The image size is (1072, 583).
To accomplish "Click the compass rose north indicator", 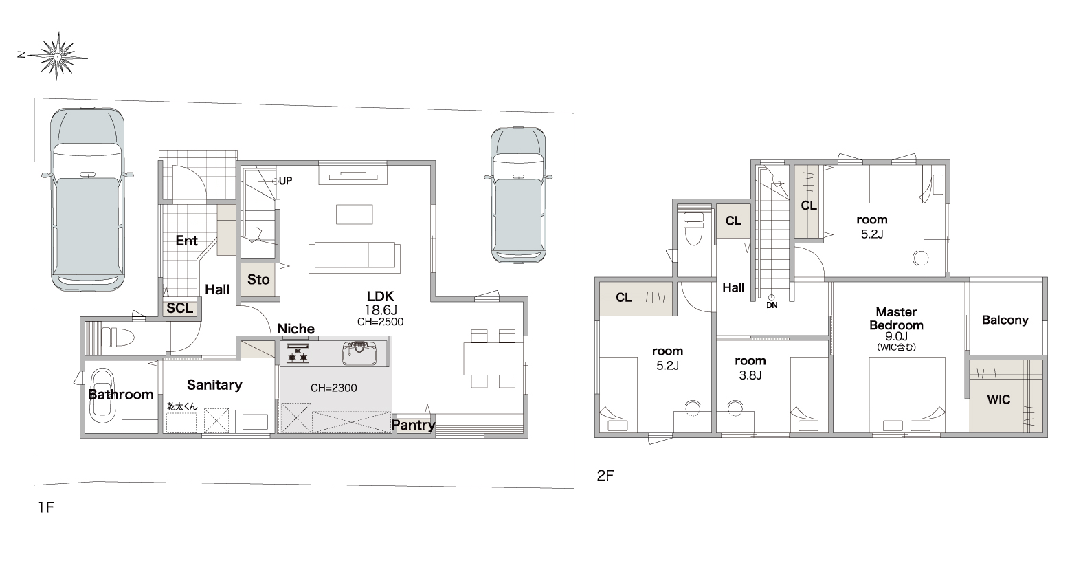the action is coord(21,54).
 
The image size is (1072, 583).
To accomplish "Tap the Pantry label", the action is coord(414,425).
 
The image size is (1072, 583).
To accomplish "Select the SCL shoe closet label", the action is coord(180,308).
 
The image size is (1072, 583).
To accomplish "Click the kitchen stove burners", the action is coord(298,353).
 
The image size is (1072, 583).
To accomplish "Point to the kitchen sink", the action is coord(359,353).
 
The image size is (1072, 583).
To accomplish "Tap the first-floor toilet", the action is coord(118,336).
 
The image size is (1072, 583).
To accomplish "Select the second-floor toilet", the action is coord(693,229).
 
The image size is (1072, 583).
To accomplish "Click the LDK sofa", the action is coord(355,258).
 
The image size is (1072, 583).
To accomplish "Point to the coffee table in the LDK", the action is coord(354,214).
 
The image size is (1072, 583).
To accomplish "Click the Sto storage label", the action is coord(258,280).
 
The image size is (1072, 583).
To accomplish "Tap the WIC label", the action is coord(998,399).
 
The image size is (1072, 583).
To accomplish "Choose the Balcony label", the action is coord(1005,320).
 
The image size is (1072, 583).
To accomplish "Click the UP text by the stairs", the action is coord(286,181).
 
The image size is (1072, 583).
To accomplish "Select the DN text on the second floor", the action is coord(772,305).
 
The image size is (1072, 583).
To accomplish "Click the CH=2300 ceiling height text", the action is coord(333,388).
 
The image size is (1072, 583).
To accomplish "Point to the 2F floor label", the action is coord(605,475).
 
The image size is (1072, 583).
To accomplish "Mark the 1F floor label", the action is coord(46,507).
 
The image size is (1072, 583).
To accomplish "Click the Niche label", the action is coord(296,329).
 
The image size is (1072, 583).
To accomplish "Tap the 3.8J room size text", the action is coord(750,375).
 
